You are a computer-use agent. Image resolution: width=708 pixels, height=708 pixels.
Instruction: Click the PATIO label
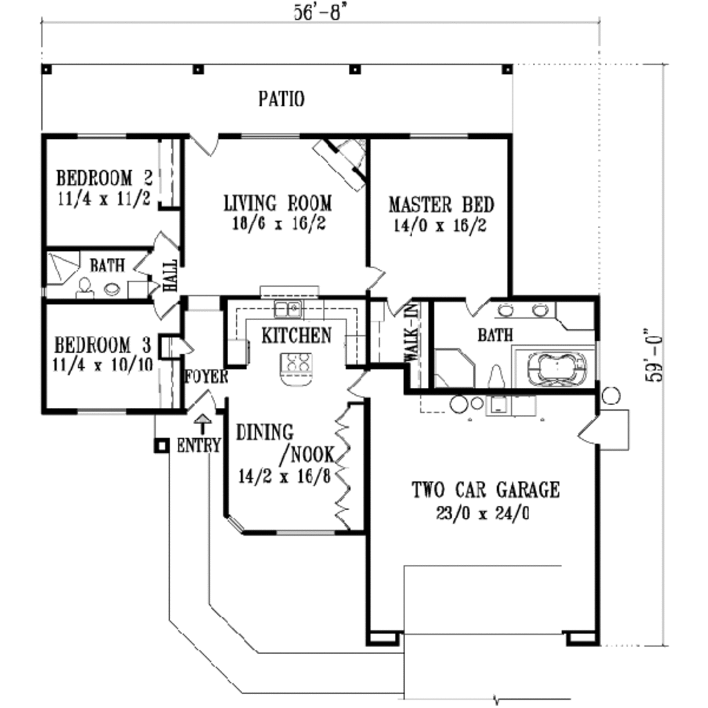281,99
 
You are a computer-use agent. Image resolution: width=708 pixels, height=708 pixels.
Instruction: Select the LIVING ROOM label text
277,204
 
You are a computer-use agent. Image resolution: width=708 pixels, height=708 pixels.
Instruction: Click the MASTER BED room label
440,205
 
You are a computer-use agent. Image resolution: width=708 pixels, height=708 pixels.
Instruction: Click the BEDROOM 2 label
104,177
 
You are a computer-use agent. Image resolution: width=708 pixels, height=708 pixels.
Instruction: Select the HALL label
169,275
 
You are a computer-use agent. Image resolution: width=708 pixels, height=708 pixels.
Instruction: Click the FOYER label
206,377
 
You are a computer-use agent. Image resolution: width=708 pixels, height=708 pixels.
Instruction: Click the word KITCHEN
296,336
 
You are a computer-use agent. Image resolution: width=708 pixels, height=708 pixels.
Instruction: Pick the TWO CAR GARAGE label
485,490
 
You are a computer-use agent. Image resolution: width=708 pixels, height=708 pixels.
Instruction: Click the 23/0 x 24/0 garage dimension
483,514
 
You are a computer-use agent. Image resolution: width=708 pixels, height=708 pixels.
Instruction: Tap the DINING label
264,433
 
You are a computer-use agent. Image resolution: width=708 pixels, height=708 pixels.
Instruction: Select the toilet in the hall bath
85,288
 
